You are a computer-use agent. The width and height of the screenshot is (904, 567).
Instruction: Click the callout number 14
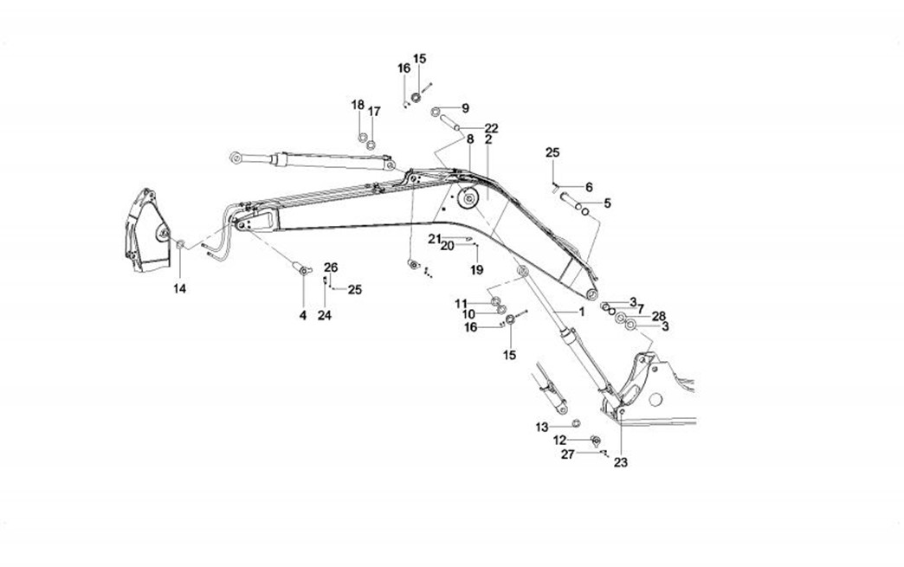[178, 287]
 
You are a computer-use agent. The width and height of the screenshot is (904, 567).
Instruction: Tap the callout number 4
[303, 316]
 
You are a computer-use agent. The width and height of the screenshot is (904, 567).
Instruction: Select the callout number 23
[621, 462]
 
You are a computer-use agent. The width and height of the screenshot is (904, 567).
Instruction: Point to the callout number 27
[567, 454]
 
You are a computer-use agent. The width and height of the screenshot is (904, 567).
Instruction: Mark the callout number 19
[476, 270]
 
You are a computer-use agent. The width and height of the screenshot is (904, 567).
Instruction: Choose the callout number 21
[434, 238]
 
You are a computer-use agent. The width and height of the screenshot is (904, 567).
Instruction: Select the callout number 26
[331, 267]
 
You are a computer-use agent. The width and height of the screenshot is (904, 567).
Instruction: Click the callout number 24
[325, 316]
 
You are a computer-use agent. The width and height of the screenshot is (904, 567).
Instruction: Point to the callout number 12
[560, 440]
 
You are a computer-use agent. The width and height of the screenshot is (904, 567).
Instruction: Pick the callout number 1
[581, 311]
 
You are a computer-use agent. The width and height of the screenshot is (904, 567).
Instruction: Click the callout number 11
[462, 302]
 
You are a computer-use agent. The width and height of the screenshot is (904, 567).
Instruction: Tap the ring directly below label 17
[371, 144]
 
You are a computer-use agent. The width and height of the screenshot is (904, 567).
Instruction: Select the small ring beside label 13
[575, 422]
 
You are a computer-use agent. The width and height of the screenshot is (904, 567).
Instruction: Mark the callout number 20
[448, 246]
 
